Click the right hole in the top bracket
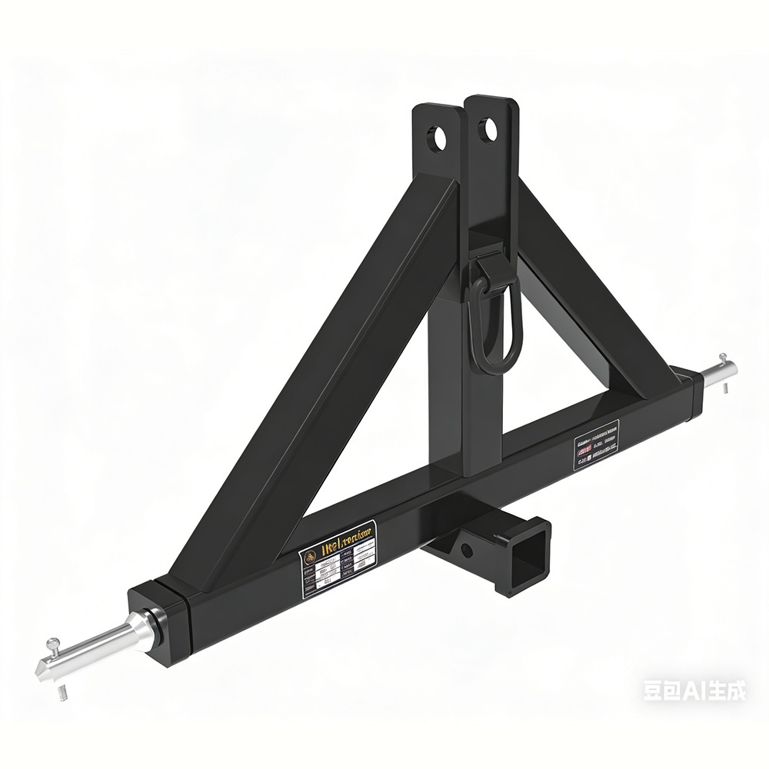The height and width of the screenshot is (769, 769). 486,129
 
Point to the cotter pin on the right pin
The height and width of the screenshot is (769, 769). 723,360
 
